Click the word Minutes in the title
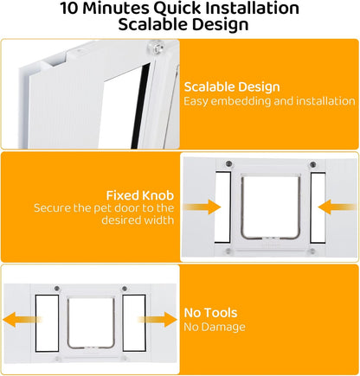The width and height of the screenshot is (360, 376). (x=116, y=8)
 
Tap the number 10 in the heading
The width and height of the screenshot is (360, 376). (x=69, y=8)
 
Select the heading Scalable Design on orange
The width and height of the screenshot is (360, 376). (x=232, y=87)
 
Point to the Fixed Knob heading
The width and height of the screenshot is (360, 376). (x=140, y=195)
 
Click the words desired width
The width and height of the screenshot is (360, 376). (x=138, y=220)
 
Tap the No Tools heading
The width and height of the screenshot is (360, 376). (x=210, y=313)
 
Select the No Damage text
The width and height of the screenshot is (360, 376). (x=215, y=327)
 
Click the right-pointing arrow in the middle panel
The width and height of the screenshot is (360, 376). (x=202, y=207)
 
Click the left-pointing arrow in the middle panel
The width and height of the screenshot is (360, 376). (x=337, y=207)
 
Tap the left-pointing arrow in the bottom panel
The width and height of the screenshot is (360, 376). (x=22, y=320)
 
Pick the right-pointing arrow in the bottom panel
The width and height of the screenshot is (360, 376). (x=157, y=320)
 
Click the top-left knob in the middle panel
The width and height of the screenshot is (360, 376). (x=228, y=164)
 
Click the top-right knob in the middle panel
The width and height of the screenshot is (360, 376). (x=312, y=165)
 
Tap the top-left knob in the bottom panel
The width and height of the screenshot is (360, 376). (x=57, y=288)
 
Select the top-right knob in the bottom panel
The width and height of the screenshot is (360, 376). (x=125, y=288)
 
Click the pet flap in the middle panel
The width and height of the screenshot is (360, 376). (x=271, y=207)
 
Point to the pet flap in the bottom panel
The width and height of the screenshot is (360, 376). (x=91, y=322)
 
